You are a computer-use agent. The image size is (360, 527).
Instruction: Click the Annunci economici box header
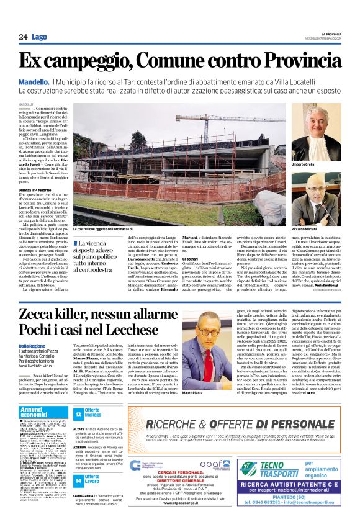(x=35, y=412)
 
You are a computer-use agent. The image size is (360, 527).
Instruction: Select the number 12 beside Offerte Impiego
(x=79, y=413)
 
